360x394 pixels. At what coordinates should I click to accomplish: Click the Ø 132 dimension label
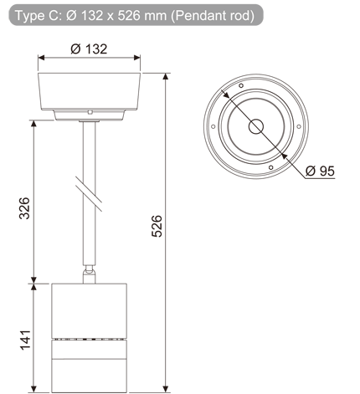click(89, 49)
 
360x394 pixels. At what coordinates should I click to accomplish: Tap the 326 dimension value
click(24, 208)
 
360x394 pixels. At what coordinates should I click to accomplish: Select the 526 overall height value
click(157, 226)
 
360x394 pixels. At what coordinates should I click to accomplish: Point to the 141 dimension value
click(25, 340)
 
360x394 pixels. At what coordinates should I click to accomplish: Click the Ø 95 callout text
click(320, 171)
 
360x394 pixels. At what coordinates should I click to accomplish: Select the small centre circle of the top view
click(256, 126)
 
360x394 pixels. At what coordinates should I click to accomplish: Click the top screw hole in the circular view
click(241, 85)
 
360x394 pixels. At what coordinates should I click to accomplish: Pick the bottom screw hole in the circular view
click(270, 167)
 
